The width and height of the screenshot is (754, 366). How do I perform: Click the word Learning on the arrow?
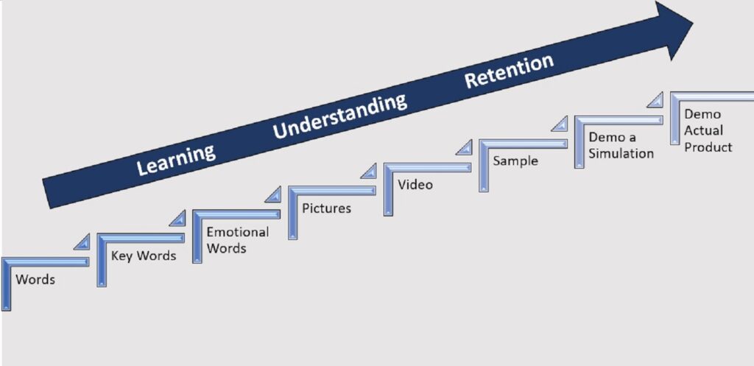(175, 160)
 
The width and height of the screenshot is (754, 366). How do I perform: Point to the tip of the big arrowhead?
(693, 23)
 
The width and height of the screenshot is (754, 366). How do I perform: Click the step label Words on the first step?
(35, 279)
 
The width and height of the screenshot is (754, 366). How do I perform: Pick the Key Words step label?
(144, 256)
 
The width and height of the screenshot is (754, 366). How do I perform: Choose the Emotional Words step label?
(238, 240)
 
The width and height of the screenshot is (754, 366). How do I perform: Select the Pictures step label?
(326, 208)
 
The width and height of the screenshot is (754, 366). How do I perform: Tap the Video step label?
(415, 185)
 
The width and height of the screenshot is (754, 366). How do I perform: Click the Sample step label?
(515, 161)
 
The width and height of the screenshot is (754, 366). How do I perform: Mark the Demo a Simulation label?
(621, 146)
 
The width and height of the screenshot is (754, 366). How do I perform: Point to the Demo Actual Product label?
(708, 130)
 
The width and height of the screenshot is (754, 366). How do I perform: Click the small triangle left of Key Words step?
(83, 243)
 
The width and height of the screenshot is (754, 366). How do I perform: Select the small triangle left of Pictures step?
(275, 196)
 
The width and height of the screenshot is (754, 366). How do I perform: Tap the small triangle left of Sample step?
(465, 148)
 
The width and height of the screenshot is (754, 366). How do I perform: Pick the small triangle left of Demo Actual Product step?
(656, 100)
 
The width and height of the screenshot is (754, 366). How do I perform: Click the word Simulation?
(621, 153)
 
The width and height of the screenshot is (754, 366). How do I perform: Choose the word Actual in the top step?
(703, 131)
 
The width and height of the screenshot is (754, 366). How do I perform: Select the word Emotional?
(238, 232)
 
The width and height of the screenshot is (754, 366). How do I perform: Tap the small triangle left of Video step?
(370, 172)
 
